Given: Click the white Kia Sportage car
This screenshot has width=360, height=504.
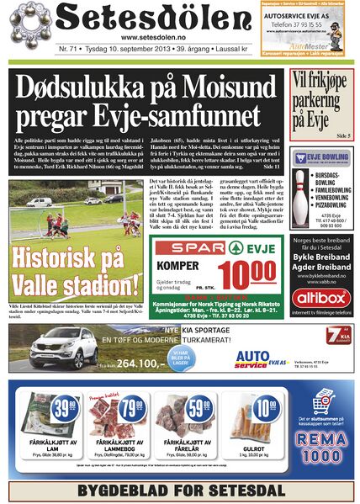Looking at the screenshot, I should (x=63, y=347).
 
